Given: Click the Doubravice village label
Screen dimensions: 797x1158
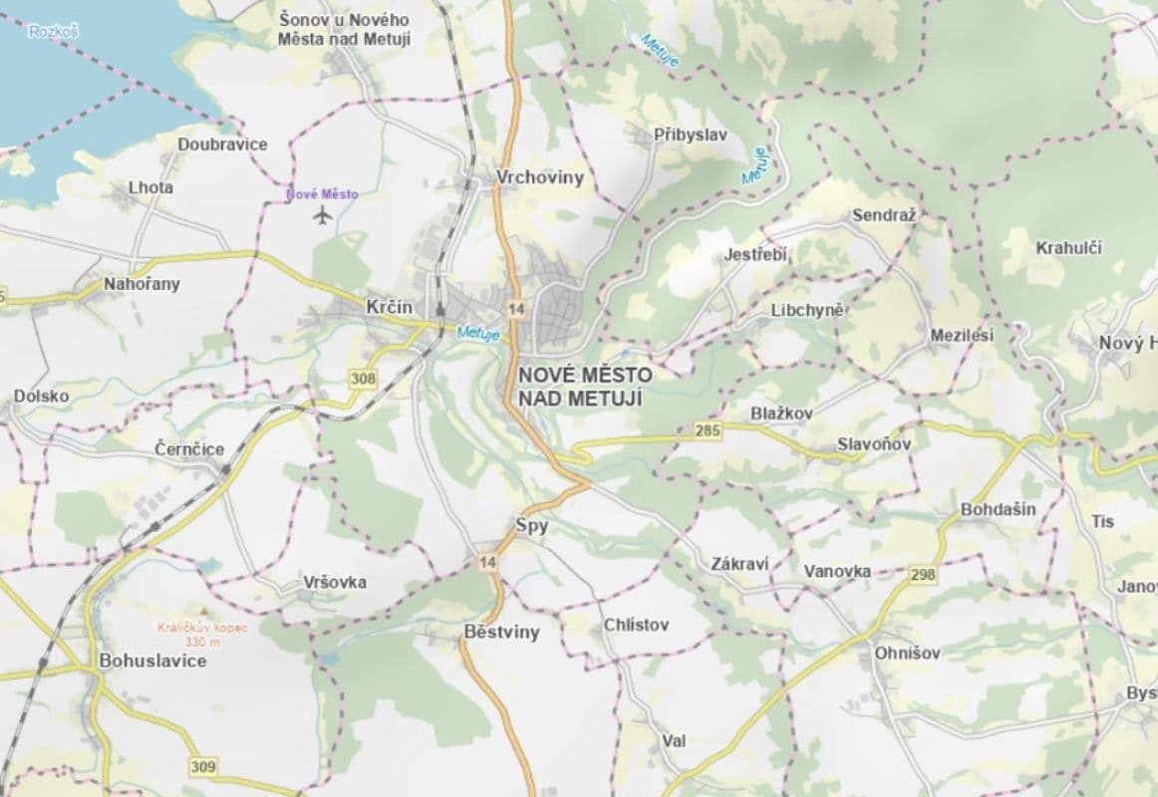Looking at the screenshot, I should [222, 144].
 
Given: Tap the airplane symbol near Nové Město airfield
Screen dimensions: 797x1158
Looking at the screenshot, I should [321, 215].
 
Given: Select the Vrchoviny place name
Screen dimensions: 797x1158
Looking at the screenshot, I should [540, 177].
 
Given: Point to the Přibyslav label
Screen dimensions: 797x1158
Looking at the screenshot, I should [691, 134].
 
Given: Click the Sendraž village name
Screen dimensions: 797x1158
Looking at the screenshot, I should [883, 215].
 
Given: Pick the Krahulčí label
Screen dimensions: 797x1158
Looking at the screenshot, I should [1068, 248].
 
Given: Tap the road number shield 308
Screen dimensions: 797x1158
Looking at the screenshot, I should [364, 378].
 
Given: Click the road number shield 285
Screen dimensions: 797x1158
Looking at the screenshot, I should [709, 430].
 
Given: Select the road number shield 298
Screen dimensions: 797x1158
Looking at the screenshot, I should [923, 575].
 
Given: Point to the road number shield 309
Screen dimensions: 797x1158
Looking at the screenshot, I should [202, 766].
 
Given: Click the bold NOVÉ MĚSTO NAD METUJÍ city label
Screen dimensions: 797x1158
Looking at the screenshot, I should [585, 387].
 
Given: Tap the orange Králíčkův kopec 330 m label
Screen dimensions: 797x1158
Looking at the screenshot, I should [202, 635].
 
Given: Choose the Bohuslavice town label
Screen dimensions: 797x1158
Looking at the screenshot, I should [152, 661].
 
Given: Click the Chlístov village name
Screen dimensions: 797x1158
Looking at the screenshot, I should [636, 625].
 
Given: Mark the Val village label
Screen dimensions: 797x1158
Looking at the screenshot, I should [674, 741].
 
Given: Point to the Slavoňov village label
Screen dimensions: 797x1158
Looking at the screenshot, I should [874, 443].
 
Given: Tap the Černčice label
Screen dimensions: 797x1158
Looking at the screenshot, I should [189, 449].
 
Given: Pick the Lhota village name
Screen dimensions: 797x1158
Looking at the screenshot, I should [150, 187].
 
